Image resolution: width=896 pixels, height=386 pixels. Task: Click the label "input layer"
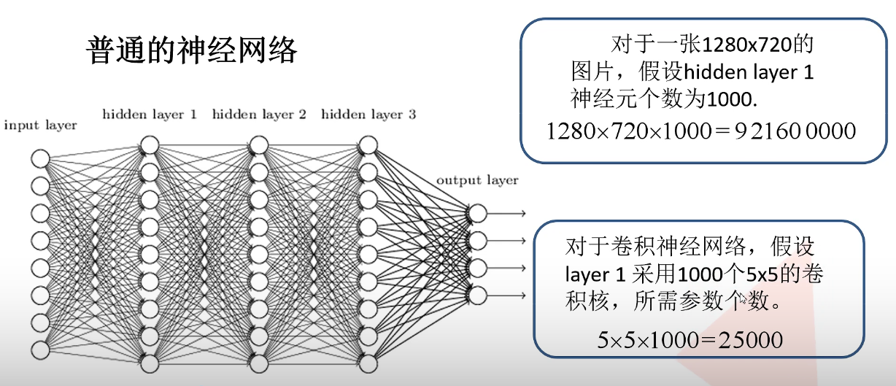[x=40, y=126]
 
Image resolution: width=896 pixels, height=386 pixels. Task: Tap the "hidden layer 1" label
[x=150, y=115]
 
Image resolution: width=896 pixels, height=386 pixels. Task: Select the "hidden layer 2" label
[x=259, y=115]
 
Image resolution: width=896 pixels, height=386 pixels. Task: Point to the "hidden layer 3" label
[x=368, y=115]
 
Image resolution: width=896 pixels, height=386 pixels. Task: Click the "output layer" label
[x=477, y=180]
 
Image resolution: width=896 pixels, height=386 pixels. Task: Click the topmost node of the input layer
[x=40, y=158]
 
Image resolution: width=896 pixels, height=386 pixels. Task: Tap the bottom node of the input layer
[x=40, y=350]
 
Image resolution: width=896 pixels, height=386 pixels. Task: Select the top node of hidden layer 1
[x=150, y=144]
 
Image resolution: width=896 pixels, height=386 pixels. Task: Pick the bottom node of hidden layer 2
[x=259, y=363]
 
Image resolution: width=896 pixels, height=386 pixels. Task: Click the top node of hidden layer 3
[x=368, y=144]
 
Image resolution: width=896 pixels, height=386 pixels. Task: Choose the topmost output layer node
[x=477, y=213]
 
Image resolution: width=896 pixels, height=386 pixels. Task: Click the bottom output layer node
[x=477, y=295]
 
